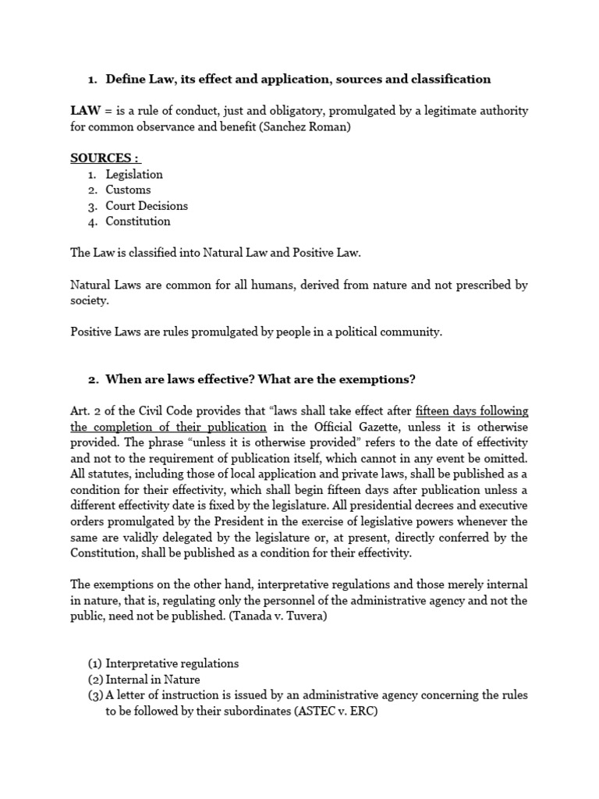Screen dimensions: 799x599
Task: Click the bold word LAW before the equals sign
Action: (x=85, y=111)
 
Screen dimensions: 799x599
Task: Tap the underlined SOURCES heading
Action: (x=102, y=158)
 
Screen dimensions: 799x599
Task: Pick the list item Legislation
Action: (x=134, y=174)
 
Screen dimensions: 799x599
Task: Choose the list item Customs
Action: (x=128, y=190)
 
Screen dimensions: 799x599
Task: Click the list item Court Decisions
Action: (x=147, y=206)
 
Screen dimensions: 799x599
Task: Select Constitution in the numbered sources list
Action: (x=138, y=222)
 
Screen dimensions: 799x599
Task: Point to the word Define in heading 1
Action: (x=126, y=79)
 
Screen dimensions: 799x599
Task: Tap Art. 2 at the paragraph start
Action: (x=85, y=411)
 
